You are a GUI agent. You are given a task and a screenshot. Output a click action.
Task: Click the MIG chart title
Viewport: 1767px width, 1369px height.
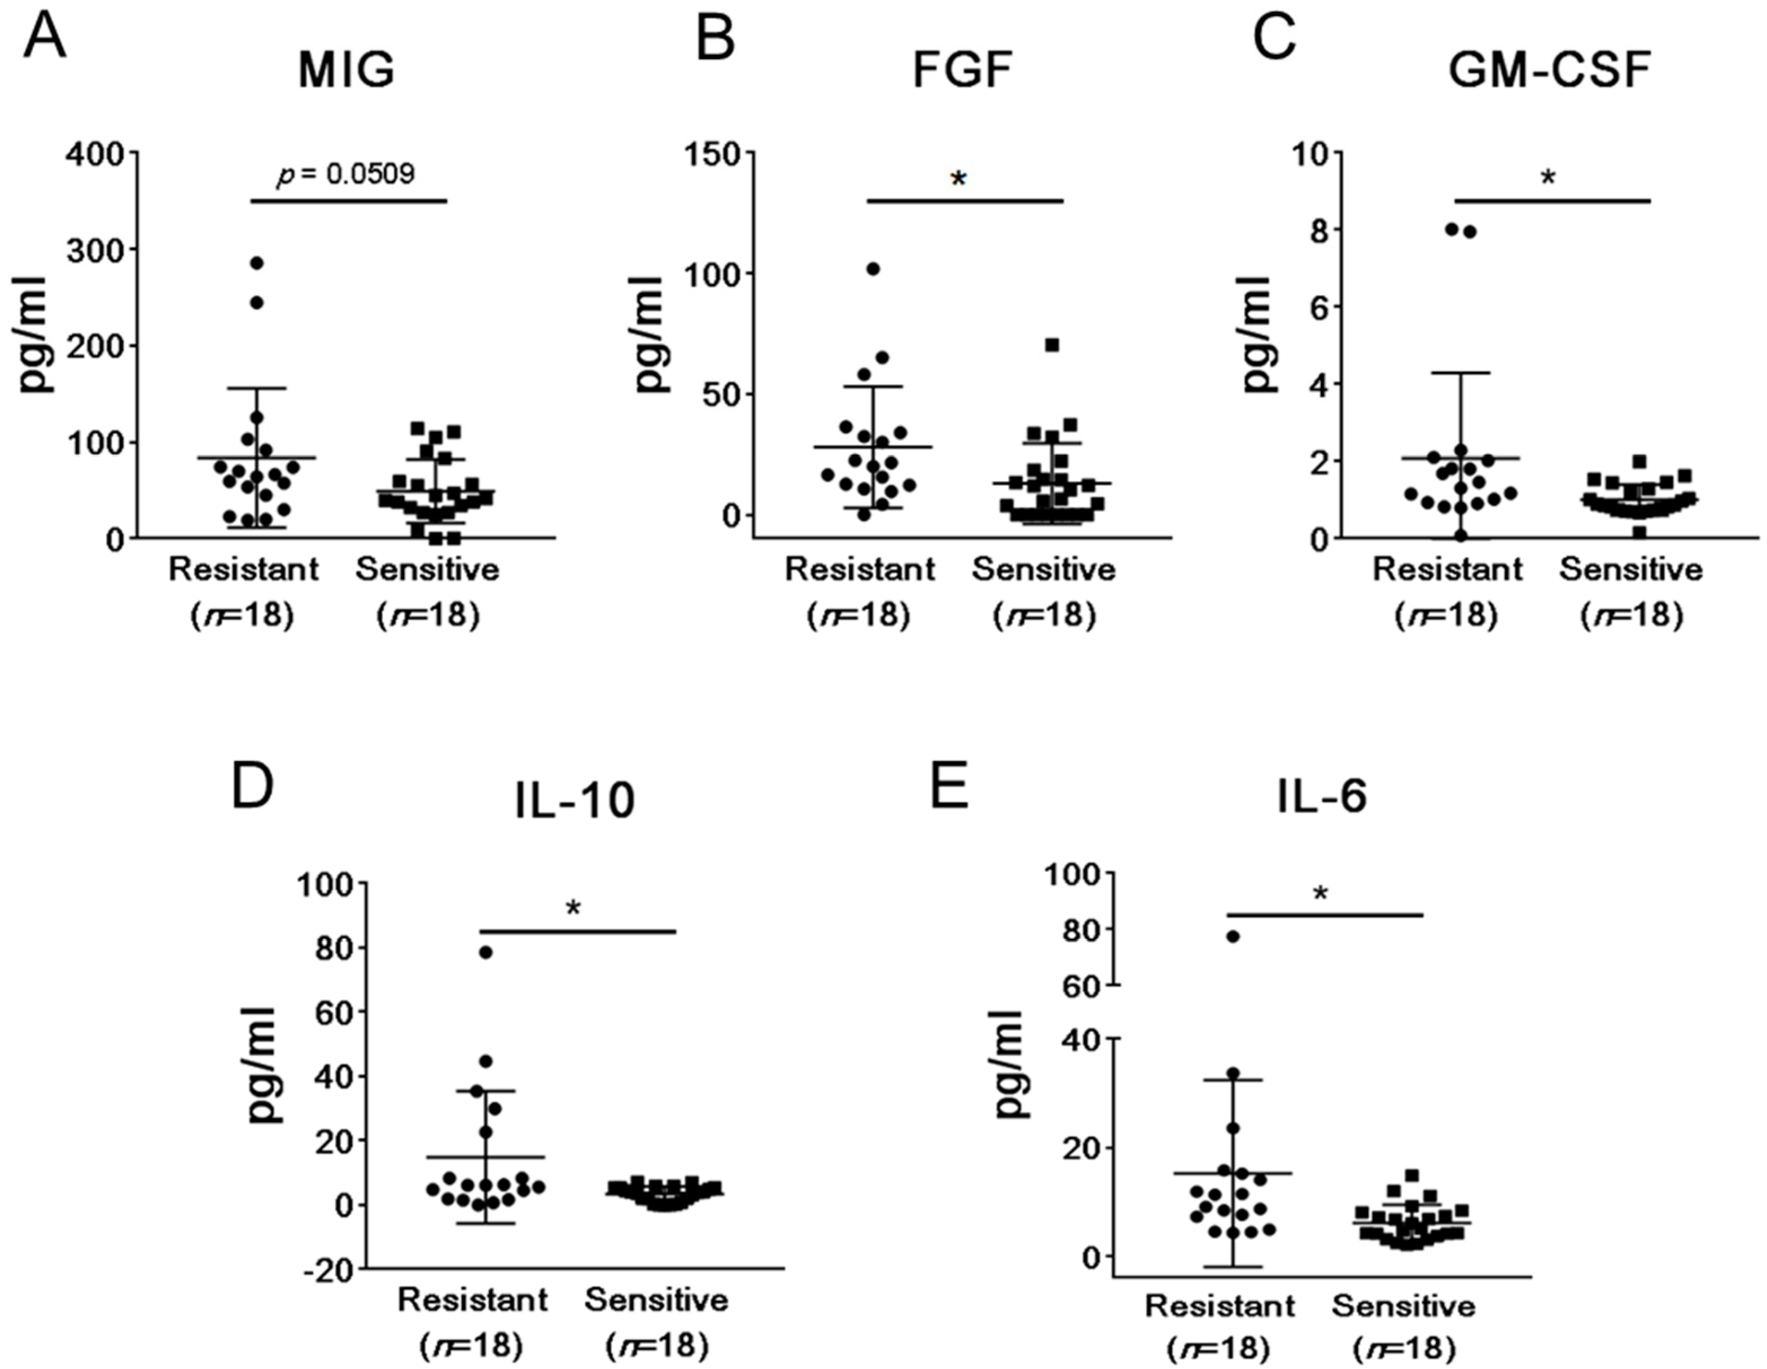[347, 71]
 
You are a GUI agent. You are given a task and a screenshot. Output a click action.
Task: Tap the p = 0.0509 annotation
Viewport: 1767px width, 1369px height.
[347, 173]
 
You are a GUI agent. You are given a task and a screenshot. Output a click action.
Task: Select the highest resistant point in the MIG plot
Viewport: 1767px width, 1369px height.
[257, 263]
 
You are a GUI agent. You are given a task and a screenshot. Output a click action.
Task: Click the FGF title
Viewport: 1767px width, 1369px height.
[962, 71]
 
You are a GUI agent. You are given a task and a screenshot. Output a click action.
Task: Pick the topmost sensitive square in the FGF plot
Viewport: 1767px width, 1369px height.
[1052, 345]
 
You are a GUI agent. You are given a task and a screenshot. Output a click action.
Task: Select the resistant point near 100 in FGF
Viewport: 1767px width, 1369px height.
[873, 269]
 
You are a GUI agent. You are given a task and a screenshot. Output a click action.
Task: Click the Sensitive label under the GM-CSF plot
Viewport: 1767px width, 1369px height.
[1631, 569]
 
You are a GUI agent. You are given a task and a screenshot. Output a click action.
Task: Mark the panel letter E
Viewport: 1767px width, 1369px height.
[949, 788]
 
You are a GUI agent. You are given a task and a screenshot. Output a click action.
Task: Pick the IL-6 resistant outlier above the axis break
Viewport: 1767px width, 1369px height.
[1233, 937]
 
